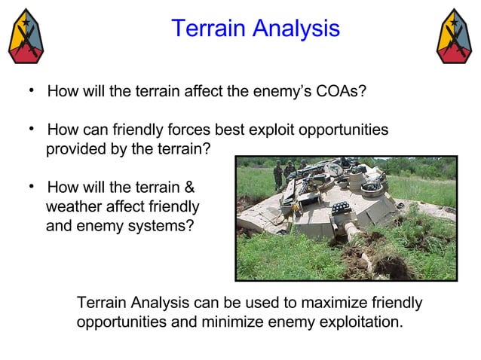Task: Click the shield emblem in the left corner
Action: point(25,36)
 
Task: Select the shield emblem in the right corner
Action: point(455,36)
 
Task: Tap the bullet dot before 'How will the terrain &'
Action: point(32,185)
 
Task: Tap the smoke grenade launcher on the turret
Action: point(340,207)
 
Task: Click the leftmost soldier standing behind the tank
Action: point(277,175)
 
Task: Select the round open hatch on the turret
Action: point(372,185)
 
